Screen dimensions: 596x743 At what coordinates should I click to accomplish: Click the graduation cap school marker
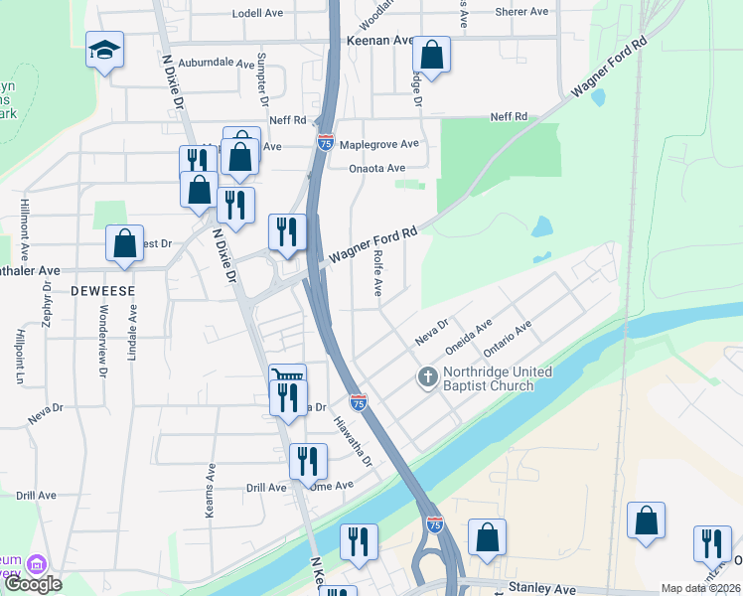tap(103, 50)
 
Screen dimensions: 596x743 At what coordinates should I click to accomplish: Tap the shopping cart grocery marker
tap(286, 378)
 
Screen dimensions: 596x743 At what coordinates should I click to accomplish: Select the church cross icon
tap(427, 377)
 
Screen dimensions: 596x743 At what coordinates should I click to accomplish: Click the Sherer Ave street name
tap(521, 12)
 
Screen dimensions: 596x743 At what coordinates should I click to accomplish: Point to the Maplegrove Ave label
tap(379, 144)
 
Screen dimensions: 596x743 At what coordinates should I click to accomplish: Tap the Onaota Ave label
tap(377, 168)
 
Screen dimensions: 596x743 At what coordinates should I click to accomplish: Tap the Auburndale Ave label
tap(219, 62)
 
